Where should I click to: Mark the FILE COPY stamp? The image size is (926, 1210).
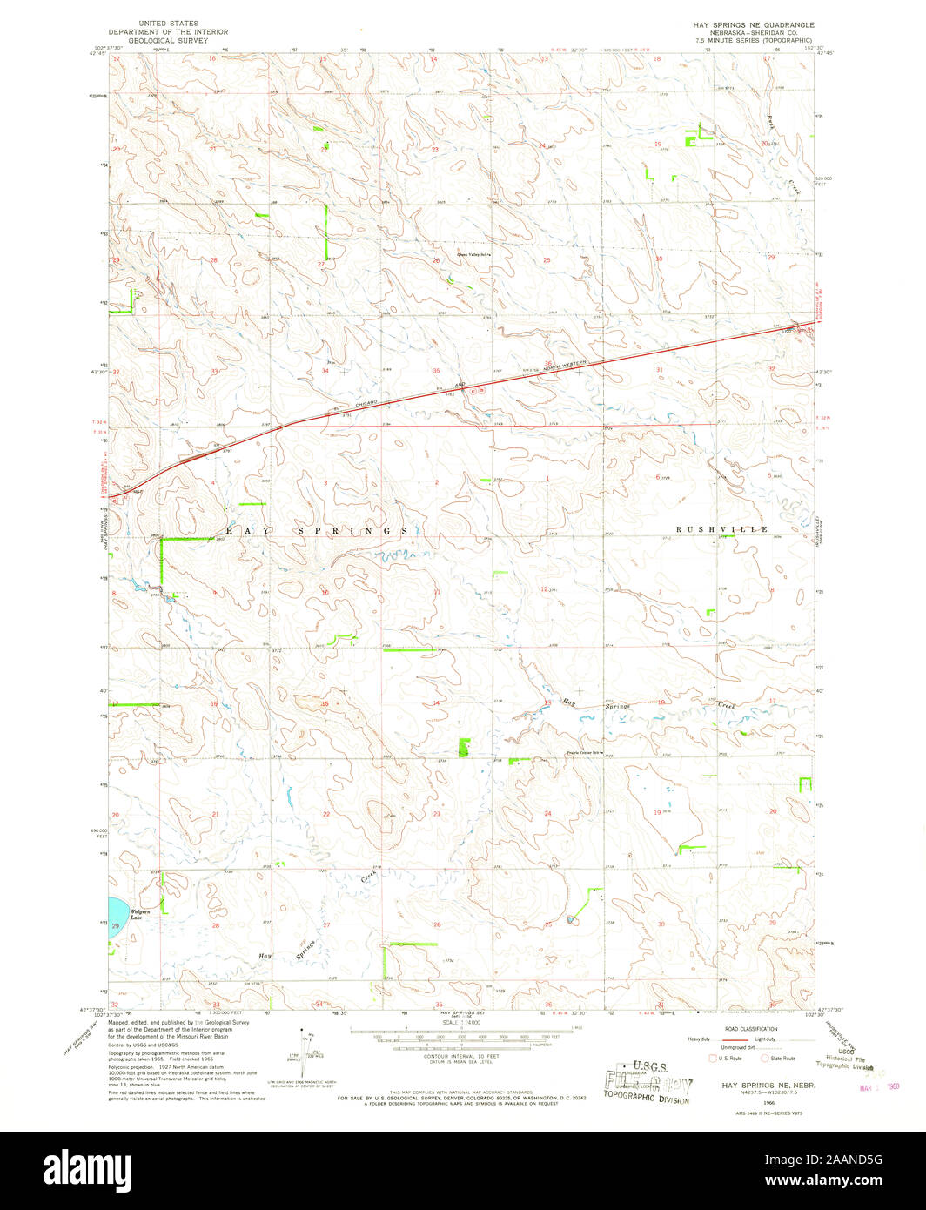point(649,1086)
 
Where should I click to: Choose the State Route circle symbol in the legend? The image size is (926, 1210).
point(765,1058)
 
